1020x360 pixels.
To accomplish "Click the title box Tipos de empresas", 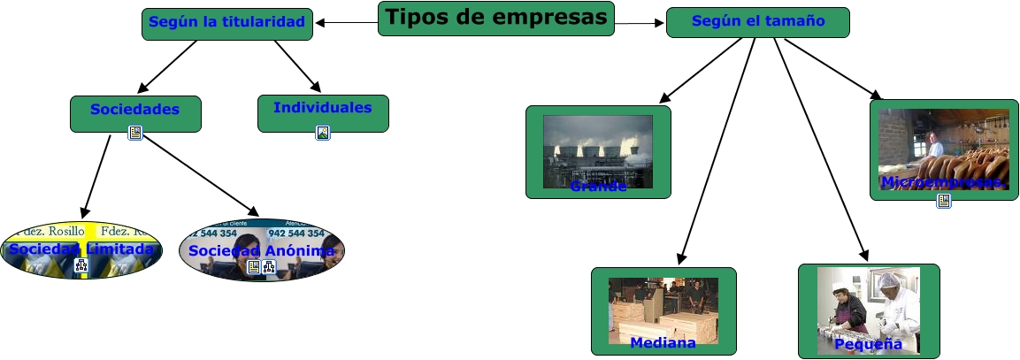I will pyautogui.click(x=495, y=18).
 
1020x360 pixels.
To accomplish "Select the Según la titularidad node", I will pyautogui.click(x=227, y=22).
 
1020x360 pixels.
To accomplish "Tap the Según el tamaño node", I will pyautogui.click(x=757, y=21).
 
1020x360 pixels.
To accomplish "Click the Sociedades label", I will pyautogui.click(x=134, y=110).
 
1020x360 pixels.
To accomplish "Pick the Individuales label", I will pyautogui.click(x=322, y=108).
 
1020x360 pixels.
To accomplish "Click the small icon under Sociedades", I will pyautogui.click(x=135, y=133).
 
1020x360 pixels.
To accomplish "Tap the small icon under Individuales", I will pyautogui.click(x=323, y=133).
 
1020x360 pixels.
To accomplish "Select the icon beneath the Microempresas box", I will pyautogui.click(x=944, y=201).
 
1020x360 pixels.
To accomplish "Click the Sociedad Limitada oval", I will pyautogui.click(x=81, y=249).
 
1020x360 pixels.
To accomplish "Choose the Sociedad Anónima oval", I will pyautogui.click(x=262, y=250).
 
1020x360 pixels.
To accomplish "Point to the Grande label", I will pyautogui.click(x=598, y=187).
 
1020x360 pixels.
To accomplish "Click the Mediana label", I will pyautogui.click(x=663, y=342).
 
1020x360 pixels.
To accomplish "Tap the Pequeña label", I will pyautogui.click(x=868, y=344).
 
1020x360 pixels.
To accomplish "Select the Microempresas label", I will pyautogui.click(x=943, y=182).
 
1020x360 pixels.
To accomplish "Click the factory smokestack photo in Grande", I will pyautogui.click(x=598, y=146).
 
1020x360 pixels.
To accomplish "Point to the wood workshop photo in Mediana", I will pyautogui.click(x=663, y=305).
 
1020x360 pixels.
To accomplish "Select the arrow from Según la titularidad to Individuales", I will pyautogui.click(x=297, y=65).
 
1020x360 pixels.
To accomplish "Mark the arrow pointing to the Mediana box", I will pyautogui.click(x=717, y=150).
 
